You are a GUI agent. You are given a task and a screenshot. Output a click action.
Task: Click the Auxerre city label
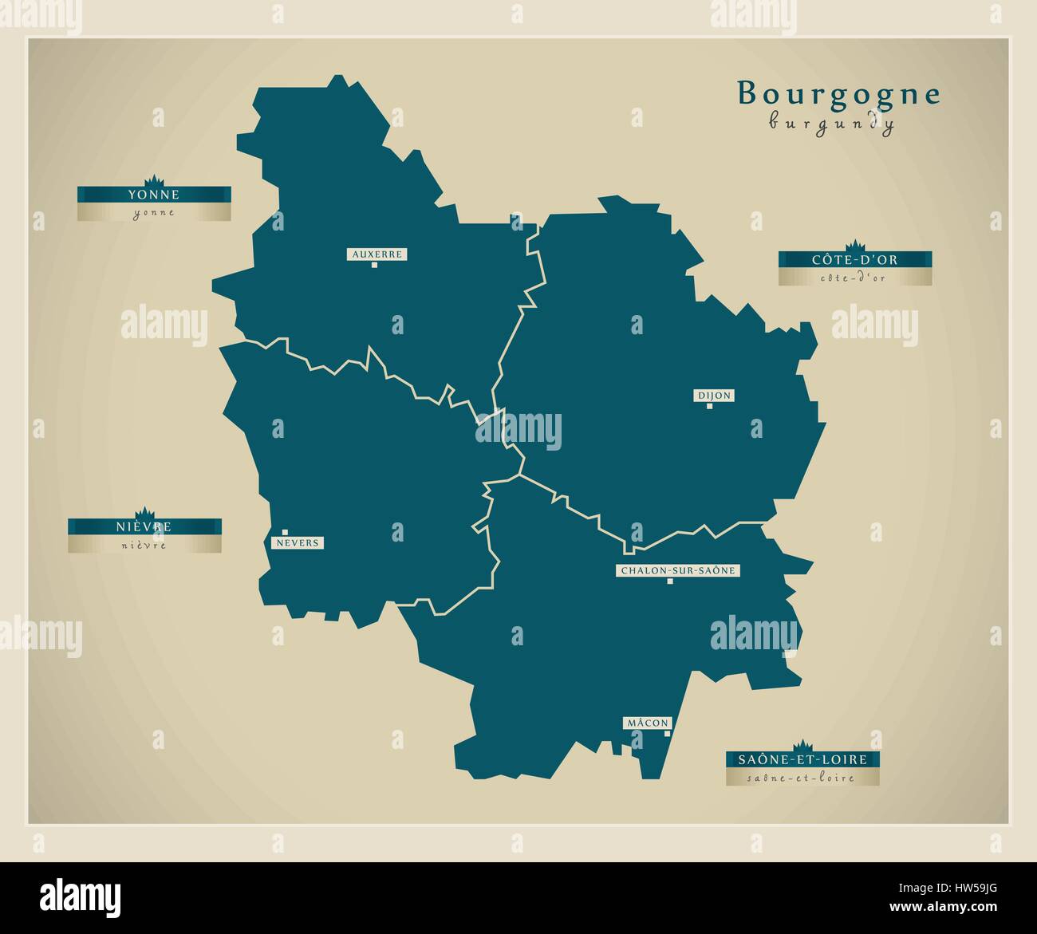[377, 254]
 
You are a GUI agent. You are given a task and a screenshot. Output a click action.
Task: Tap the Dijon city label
[714, 396]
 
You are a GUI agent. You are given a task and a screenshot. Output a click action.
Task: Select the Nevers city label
[298, 543]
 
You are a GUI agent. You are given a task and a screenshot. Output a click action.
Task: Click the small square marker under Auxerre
[373, 265]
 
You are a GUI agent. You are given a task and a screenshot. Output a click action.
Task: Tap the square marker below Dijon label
[709, 406]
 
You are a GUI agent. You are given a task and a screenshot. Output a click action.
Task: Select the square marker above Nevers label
[285, 532]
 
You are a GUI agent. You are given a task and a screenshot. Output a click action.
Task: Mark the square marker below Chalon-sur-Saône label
[670, 581]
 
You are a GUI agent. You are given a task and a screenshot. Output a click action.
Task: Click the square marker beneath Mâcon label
[667, 733]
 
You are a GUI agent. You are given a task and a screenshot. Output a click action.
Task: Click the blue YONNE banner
[154, 195]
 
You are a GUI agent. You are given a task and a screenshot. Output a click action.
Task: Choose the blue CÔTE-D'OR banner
[855, 260]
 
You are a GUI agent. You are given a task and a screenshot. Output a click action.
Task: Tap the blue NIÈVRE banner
[144, 527]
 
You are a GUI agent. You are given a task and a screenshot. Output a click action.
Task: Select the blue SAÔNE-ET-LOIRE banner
[802, 760]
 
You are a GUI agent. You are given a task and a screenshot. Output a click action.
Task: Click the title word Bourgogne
[838, 94]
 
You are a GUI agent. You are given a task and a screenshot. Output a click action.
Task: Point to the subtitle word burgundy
[831, 124]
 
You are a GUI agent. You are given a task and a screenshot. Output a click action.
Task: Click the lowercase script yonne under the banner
[154, 213]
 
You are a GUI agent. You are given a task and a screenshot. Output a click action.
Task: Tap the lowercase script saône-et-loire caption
[802, 778]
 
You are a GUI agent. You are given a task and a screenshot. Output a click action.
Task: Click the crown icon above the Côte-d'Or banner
[855, 244]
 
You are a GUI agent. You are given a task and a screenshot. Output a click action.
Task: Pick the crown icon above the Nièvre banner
[144, 512]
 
